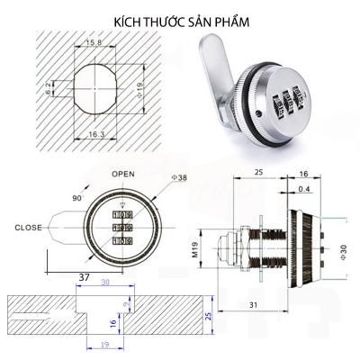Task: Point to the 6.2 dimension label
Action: coord(49,88)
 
